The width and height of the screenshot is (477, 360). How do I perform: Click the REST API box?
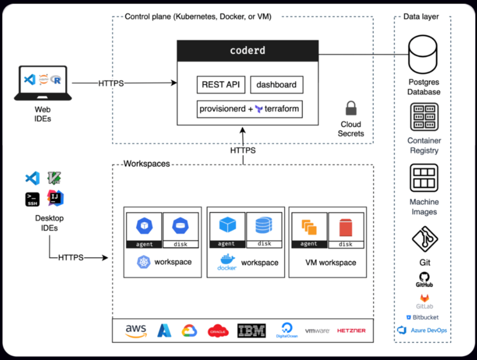[x=221, y=85]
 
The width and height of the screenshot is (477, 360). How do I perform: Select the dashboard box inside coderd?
[x=277, y=85]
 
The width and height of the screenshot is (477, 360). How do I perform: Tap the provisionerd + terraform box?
[x=249, y=109]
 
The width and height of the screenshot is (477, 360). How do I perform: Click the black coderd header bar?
[x=248, y=50]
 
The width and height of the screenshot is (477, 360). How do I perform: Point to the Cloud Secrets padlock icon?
[x=350, y=109]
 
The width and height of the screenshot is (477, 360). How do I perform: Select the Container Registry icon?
[x=424, y=117]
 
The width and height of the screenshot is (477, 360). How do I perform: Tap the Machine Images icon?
[x=424, y=178]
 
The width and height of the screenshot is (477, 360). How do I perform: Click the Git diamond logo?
[x=425, y=239]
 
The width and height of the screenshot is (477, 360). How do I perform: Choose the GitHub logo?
[x=424, y=279]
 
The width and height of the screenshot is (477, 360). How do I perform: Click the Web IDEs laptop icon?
[x=42, y=83]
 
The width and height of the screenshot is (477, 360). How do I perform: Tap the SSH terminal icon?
[x=32, y=199]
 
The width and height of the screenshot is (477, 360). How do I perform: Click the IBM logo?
[x=251, y=331]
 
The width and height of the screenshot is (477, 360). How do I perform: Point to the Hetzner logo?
[x=351, y=331]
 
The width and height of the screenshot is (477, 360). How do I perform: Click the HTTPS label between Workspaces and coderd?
[x=243, y=151]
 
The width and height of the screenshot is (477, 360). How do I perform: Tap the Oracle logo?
[x=218, y=331]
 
